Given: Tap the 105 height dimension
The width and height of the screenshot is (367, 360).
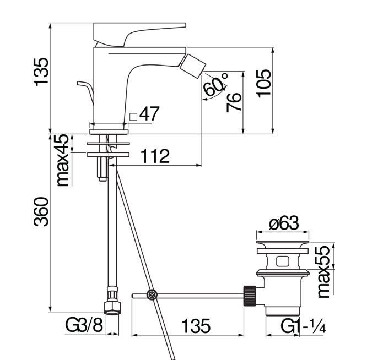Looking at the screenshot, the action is [264, 84].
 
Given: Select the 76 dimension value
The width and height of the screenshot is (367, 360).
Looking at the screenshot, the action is [234, 102].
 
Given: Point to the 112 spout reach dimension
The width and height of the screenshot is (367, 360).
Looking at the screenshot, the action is [155, 156].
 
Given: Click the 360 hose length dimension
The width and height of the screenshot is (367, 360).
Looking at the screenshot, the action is [41, 212].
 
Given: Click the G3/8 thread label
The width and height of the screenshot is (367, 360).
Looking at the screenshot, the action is [84, 325].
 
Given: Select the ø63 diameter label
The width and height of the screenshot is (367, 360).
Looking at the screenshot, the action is [284, 223].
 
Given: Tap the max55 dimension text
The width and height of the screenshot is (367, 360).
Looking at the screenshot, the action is [323, 271].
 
